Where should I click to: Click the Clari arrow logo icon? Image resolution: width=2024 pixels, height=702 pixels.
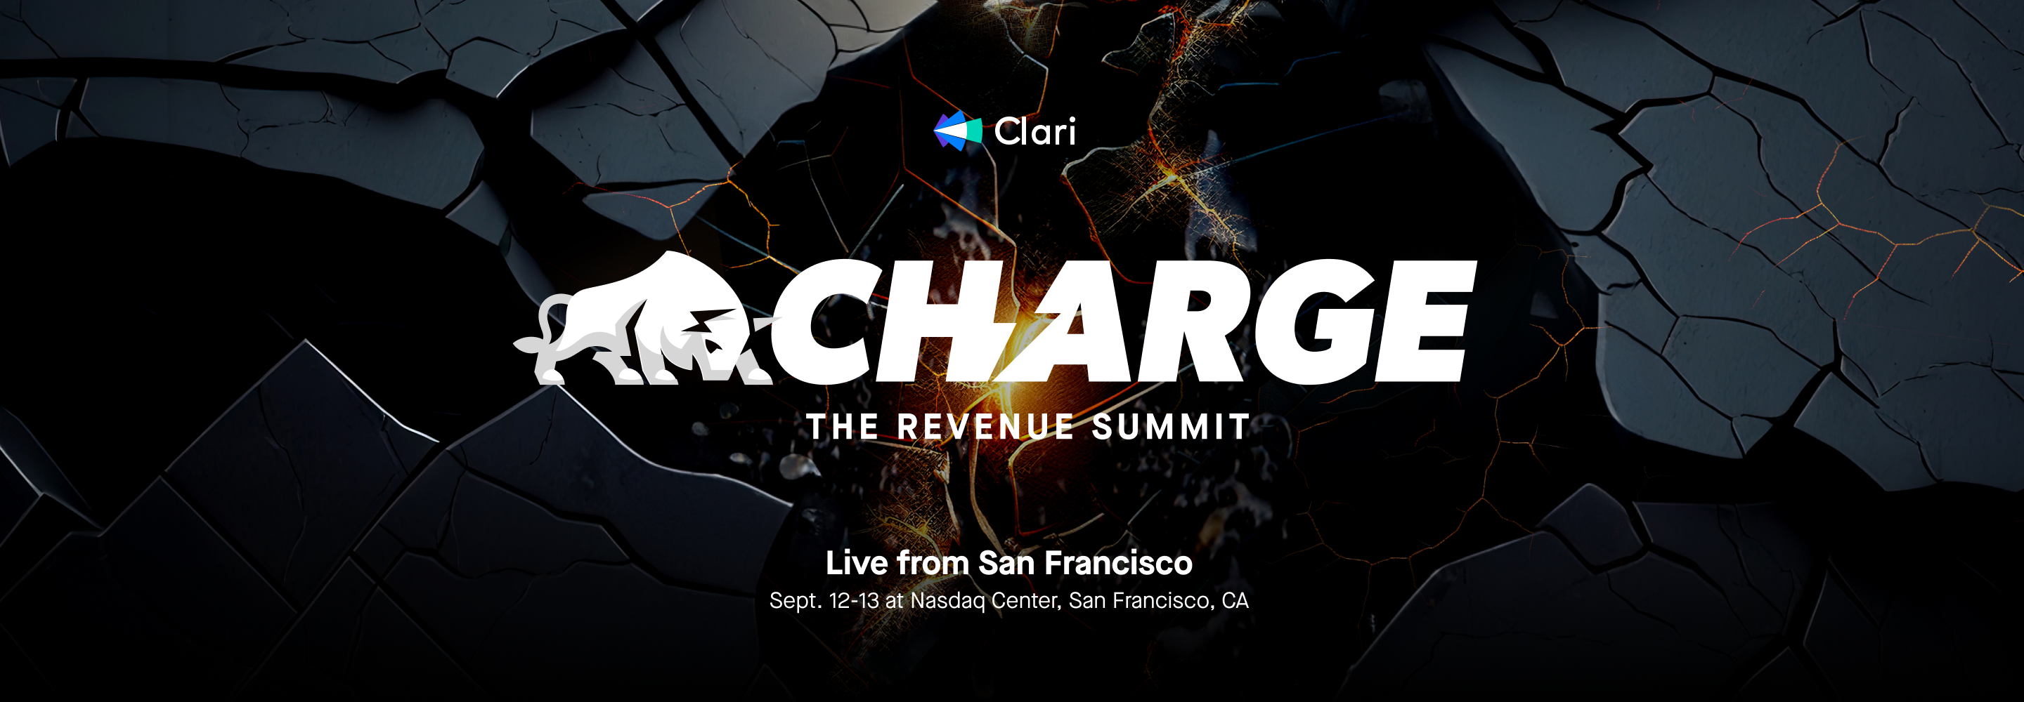(x=957, y=131)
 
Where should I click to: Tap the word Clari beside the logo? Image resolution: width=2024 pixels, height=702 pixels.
(x=1034, y=131)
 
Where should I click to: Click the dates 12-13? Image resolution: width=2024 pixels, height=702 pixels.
(x=854, y=601)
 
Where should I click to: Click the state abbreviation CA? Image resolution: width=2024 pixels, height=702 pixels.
(x=1235, y=601)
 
